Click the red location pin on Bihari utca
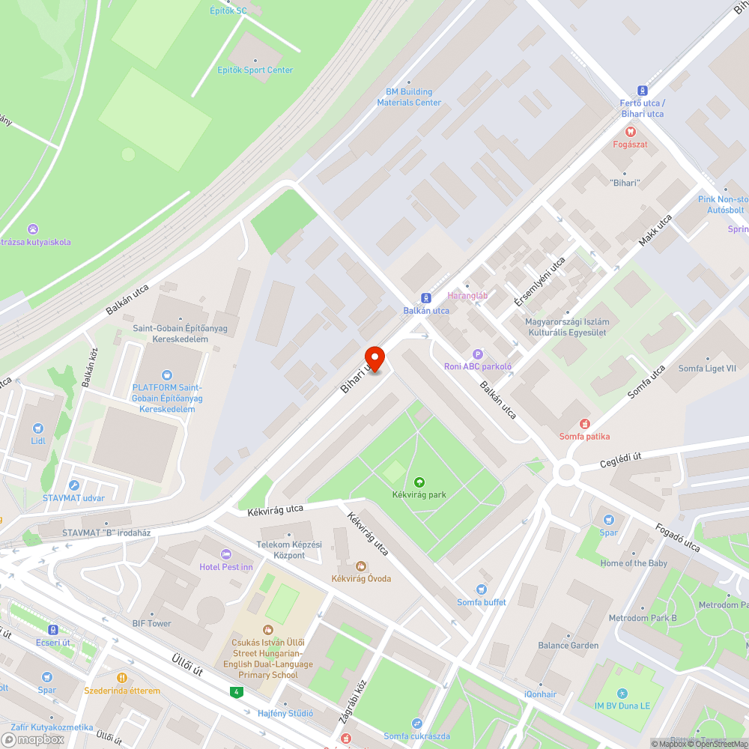tap(374, 358)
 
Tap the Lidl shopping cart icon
tap(38, 428)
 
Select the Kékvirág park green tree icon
tap(419, 482)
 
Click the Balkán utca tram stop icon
tap(426, 297)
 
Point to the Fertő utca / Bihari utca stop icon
tap(642, 90)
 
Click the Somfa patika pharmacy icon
tap(584, 424)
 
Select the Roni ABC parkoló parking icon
tap(477, 354)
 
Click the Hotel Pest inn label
tap(226, 567)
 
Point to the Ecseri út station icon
tap(53, 630)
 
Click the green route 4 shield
tap(237, 691)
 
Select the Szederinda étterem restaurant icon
tap(121, 678)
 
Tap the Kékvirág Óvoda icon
tap(361, 566)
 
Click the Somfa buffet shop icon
tap(482, 589)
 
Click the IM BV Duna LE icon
tap(622, 694)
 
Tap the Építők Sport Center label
tap(255, 70)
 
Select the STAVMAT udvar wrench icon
tap(73, 485)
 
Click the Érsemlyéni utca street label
tap(539, 282)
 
